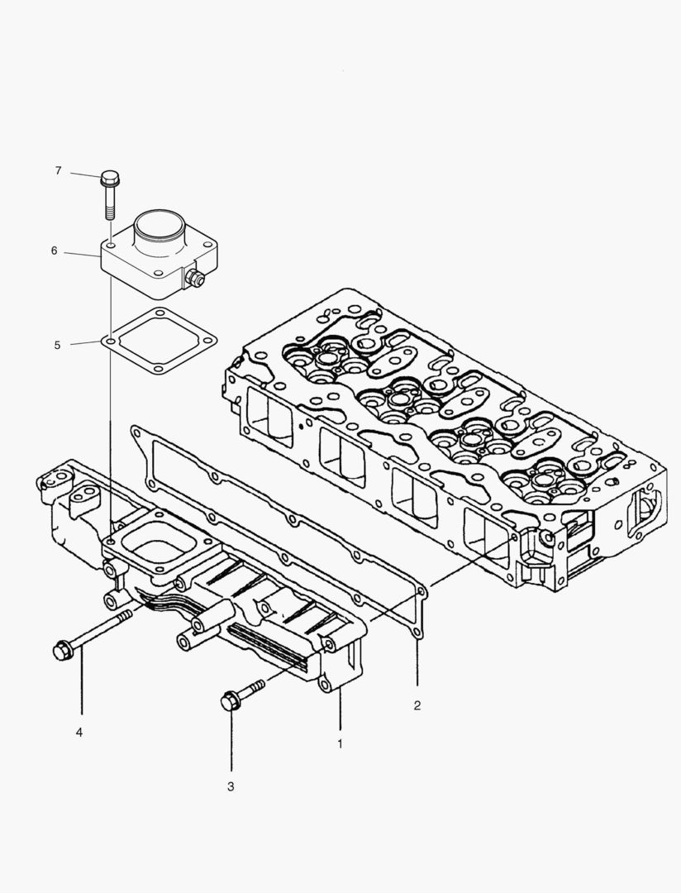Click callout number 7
pos(58,171)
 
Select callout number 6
pos(54,251)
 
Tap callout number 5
pos(57,345)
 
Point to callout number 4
pos(80,733)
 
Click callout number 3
pos(231,786)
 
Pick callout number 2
pos(417,705)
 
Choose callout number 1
pos(340,744)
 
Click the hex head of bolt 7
pos(109,177)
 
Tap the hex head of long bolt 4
pos(61,651)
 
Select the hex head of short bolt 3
pos(230,702)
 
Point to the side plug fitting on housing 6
pos(197,279)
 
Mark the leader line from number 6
pos(83,253)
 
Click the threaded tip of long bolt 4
pos(124,617)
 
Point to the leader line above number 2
pos(417,661)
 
